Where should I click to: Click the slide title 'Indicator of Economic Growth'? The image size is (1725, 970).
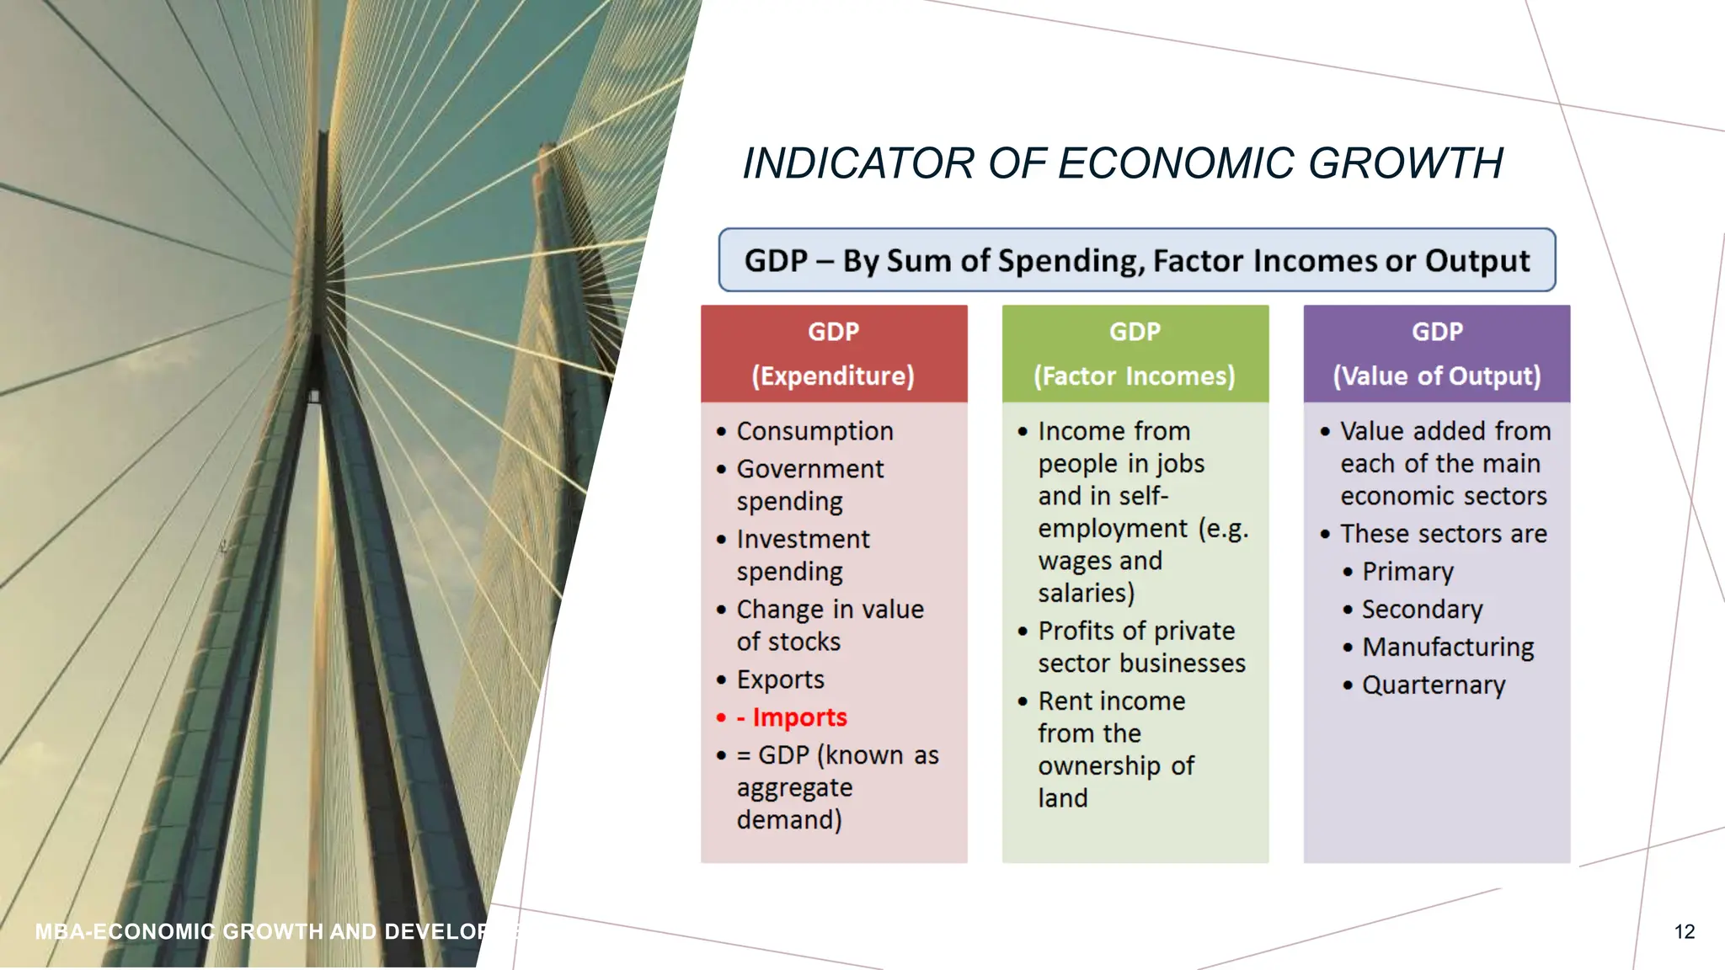click(1122, 163)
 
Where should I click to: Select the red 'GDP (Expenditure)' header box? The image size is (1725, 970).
click(833, 354)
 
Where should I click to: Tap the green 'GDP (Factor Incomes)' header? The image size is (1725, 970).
click(1135, 354)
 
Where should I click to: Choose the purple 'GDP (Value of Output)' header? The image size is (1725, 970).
click(1436, 354)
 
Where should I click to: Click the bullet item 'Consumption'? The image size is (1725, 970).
click(814, 431)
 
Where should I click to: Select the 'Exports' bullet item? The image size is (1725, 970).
click(780, 680)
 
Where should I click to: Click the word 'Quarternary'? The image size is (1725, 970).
click(1433, 685)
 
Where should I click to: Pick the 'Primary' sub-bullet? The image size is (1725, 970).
click(1407, 572)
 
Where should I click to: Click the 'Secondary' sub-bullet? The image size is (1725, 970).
click(1422, 610)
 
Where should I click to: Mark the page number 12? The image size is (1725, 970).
click(1684, 931)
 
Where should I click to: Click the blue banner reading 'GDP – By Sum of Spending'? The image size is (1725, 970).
click(1136, 260)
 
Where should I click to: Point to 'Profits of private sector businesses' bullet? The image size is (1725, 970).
click(1140, 647)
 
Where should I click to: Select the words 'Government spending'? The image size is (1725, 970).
click(809, 485)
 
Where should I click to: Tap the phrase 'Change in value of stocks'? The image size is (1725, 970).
click(829, 625)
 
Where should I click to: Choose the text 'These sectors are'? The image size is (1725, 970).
click(1443, 534)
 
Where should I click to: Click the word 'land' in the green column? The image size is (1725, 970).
click(1062, 798)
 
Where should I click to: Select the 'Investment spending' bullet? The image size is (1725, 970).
click(802, 555)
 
